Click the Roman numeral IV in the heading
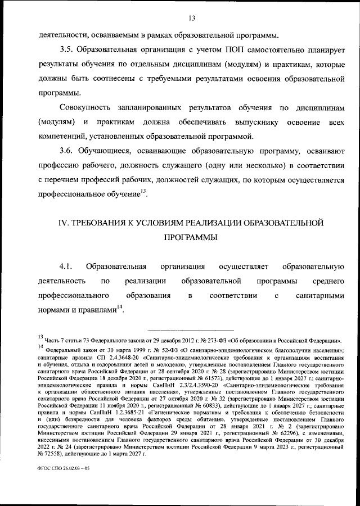click(64, 223)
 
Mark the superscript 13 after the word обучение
click(143, 192)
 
